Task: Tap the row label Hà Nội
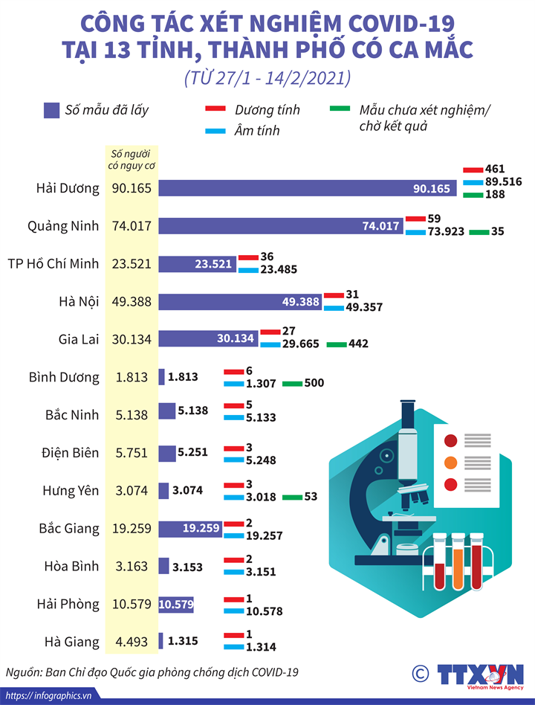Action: click(x=79, y=301)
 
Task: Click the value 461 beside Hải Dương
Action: click(x=494, y=170)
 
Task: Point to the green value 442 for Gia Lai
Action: click(x=358, y=344)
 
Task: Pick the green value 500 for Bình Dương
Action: click(x=314, y=383)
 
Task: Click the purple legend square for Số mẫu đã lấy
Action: click(x=51, y=110)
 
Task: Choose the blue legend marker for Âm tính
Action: click(x=215, y=131)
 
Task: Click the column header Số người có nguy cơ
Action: click(x=132, y=159)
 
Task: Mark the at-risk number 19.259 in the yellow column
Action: click(x=132, y=529)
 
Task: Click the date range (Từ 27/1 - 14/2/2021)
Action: click(x=267, y=79)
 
